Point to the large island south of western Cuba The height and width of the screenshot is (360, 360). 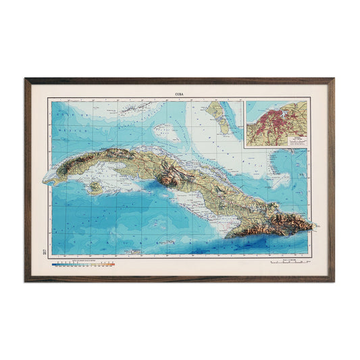pos(95,185)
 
